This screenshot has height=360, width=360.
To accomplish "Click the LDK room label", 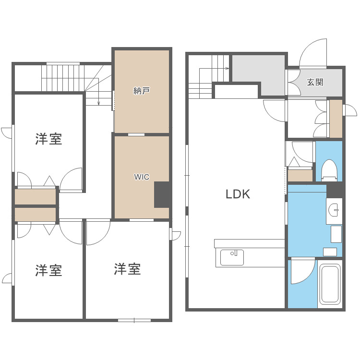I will (x=238, y=194).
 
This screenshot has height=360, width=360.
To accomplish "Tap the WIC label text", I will (x=141, y=177).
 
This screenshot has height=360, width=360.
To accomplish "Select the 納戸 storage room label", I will (x=141, y=90).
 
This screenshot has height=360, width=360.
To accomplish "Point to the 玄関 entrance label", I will (x=315, y=82).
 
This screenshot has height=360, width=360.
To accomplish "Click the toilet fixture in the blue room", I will (x=329, y=169).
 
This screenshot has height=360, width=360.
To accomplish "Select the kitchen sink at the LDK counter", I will (x=232, y=257).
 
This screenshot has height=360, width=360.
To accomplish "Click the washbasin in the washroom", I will (x=334, y=210).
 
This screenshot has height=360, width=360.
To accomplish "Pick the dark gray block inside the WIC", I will (x=162, y=194).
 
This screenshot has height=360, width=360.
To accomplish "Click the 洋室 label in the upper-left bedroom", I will (x=48, y=139).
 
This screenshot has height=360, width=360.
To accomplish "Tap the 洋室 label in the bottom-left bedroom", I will (x=48, y=270).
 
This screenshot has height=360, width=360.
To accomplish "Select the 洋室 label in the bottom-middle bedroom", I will (x=127, y=269).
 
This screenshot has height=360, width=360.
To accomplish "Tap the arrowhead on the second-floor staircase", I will (x=98, y=103).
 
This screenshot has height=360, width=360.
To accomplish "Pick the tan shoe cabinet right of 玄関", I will (x=336, y=118).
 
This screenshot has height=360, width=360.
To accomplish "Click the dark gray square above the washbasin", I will (x=335, y=190).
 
